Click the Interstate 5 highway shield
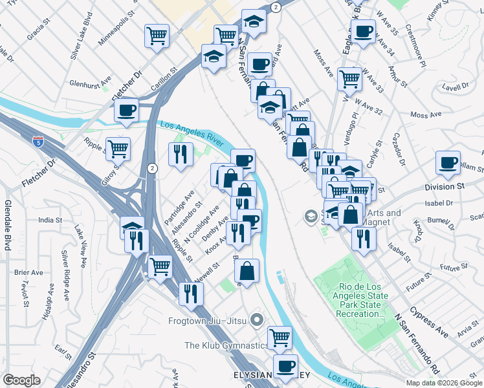point(39,141)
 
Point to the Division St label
point(445,187)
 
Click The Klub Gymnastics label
point(225,345)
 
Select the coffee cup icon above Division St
point(448,162)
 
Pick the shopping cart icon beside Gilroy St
point(118,149)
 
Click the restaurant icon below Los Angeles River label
point(181,153)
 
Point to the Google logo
point(21,380)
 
